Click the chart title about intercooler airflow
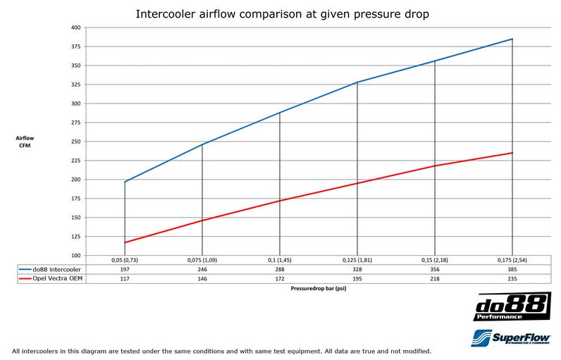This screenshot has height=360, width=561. coord(280,13)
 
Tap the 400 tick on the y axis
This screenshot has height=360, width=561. coord(77,27)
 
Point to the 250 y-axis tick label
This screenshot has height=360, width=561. coord(77,141)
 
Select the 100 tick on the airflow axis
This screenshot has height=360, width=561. coord(77,255)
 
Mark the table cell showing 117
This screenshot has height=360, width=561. coord(125,278)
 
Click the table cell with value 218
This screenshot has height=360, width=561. coord(435,278)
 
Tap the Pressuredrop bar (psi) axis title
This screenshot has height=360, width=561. coord(319,288)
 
